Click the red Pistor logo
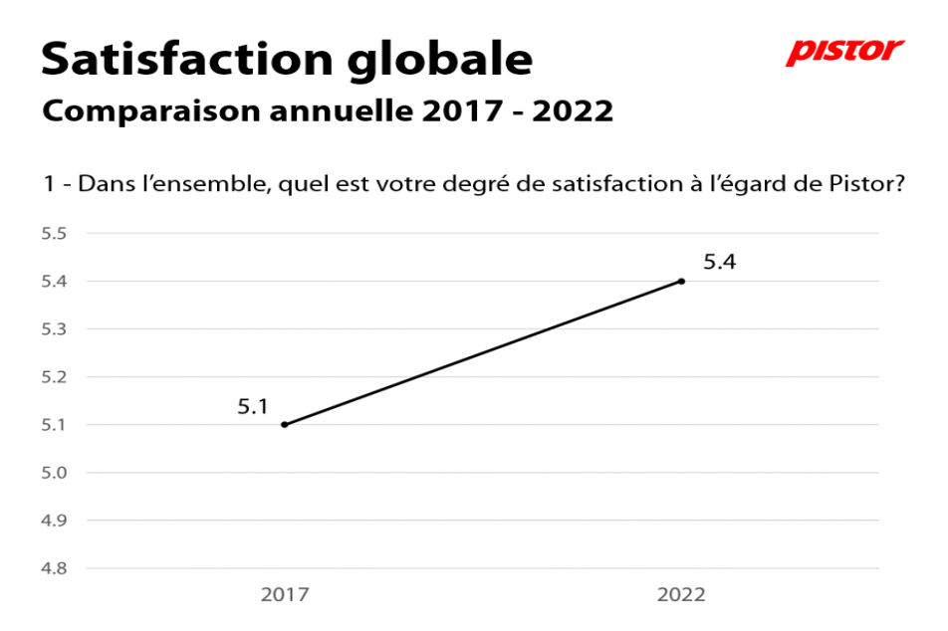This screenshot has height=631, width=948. click(x=844, y=52)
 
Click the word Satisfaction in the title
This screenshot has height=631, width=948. click(x=187, y=60)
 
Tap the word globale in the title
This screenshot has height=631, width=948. click(x=440, y=61)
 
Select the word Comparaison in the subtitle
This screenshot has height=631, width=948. click(x=151, y=111)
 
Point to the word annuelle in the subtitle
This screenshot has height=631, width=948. click(x=342, y=110)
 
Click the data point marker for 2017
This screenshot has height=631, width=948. click(x=285, y=424)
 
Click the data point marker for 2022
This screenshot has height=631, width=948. click(x=681, y=281)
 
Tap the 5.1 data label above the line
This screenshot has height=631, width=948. click(x=252, y=407)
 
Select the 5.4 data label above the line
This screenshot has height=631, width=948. click(x=719, y=262)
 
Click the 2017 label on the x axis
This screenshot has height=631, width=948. click(x=285, y=595)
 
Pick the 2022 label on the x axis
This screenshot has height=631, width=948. click(x=681, y=595)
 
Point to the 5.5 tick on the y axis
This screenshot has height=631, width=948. click(x=54, y=233)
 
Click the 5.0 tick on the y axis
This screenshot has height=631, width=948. click(x=54, y=473)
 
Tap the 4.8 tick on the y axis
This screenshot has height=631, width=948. click(x=54, y=568)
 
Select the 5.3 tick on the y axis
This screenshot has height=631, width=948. click(x=54, y=328)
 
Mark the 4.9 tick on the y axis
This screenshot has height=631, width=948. click(x=54, y=521)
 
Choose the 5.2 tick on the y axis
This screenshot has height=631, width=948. click(x=54, y=376)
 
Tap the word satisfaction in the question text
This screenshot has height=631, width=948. click(x=616, y=183)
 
